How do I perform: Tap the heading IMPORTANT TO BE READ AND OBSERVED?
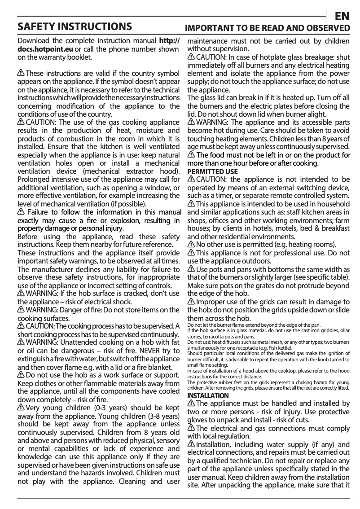[x=268, y=28]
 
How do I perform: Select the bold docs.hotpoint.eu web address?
[x=40, y=49]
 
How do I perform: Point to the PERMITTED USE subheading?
[x=212, y=172]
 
